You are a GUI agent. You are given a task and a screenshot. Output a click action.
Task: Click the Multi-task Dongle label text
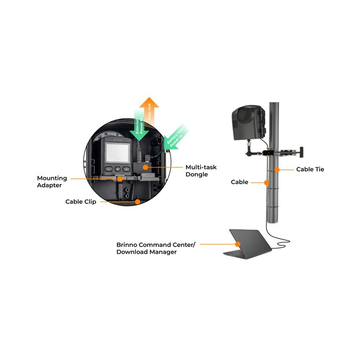[201, 171]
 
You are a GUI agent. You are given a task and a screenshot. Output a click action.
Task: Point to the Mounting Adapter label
[52, 181]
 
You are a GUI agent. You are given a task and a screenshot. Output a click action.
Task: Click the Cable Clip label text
[81, 202]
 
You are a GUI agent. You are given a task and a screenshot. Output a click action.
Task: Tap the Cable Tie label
[310, 170]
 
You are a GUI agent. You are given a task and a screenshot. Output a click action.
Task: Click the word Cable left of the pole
[239, 182]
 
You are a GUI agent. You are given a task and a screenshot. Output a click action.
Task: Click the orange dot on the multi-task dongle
[145, 167]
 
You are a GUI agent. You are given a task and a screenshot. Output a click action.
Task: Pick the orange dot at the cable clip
[137, 202]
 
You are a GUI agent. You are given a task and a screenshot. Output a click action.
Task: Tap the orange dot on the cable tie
[278, 170]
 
